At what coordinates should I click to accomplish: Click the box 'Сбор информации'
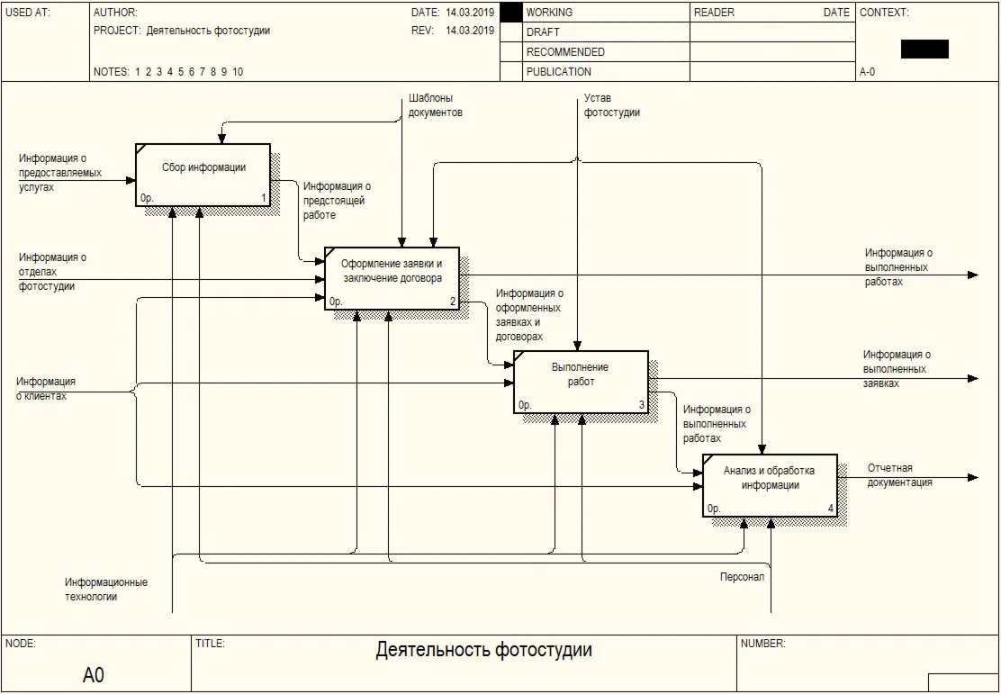pos(203,175)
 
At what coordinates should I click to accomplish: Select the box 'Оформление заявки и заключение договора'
pos(392,278)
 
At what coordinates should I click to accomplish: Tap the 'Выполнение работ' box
pos(581,382)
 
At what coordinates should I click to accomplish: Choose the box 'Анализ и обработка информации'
pos(770,485)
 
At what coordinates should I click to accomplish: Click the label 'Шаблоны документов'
pos(436,105)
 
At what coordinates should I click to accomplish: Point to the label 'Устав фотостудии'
pos(611,105)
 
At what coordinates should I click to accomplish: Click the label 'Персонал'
pos(742,577)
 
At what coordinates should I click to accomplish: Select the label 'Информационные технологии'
pos(106,590)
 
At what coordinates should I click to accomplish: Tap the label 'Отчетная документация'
pos(899,475)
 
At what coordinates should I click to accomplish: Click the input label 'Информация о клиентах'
pos(45,389)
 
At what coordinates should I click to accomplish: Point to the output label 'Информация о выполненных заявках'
pos(897,369)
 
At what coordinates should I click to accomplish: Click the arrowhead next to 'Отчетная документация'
pos(972,477)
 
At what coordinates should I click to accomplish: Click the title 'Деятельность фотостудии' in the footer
pos(483,650)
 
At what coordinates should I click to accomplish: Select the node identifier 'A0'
pos(94,675)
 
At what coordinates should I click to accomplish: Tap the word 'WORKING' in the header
pos(549,13)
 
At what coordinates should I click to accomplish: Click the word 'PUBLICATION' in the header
pos(559,72)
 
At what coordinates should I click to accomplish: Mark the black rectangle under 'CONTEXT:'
pos(924,50)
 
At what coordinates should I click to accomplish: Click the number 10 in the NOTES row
pos(238,72)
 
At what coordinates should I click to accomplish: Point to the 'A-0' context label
pos(867,72)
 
